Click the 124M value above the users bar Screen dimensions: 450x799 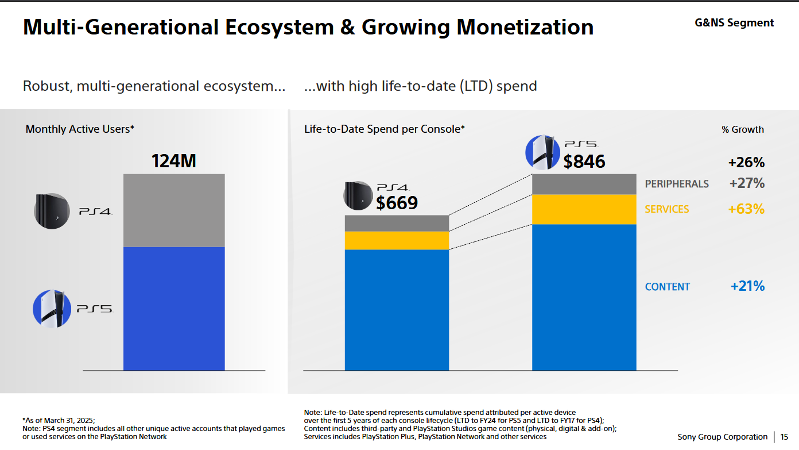(173, 161)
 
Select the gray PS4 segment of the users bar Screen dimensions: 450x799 (174, 210)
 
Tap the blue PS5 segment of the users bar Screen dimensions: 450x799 (174, 308)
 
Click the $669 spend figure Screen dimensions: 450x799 (397, 203)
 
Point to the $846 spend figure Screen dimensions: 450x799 (584, 161)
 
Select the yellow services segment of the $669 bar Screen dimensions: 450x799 (397, 240)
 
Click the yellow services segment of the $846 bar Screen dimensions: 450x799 (584, 209)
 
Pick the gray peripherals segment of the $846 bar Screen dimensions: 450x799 (584, 184)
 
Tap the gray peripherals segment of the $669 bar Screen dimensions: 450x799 (397, 223)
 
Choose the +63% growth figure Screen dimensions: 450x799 (746, 209)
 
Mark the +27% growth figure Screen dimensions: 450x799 (747, 183)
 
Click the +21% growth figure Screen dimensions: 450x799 (747, 286)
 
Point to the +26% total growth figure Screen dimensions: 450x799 (746, 163)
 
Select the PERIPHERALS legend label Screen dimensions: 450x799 (677, 184)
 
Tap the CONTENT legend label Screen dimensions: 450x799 (668, 287)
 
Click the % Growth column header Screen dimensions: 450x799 (743, 129)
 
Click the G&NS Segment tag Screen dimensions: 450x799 (734, 23)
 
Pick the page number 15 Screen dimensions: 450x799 (784, 437)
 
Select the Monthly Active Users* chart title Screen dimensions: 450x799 (80, 129)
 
